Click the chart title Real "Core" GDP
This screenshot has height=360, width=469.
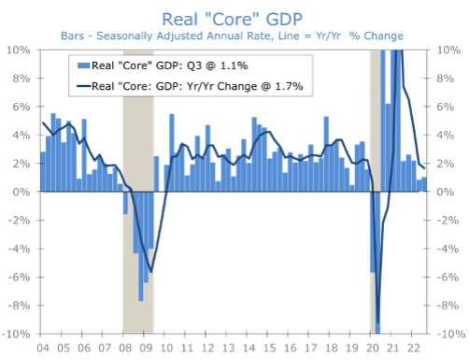click(234, 18)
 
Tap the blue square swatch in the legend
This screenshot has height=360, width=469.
click(84, 65)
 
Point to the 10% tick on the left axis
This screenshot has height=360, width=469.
click(19, 50)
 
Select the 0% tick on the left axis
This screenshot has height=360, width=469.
click(21, 192)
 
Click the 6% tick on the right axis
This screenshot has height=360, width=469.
click(446, 107)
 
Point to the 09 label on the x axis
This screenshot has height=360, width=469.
click(146, 348)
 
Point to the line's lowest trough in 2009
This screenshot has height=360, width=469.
click(151, 272)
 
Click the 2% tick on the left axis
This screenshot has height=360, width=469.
click(21, 164)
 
